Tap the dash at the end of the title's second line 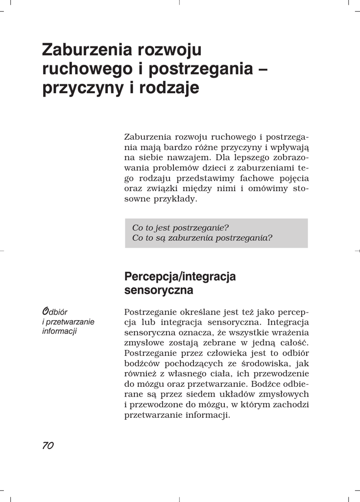click(262, 69)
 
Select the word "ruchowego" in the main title click(84, 69)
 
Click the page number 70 click(48, 445)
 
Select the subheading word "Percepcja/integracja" click(180, 276)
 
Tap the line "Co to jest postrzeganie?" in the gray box click(180, 228)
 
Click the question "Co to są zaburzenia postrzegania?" click(202, 238)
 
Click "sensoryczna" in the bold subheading click(159, 290)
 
